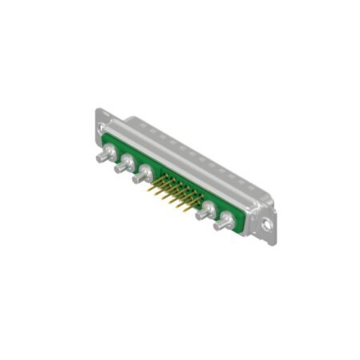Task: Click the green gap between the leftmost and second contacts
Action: tap(116, 154)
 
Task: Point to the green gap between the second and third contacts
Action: tap(136, 164)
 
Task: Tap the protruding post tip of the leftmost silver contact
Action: tap(99, 158)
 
